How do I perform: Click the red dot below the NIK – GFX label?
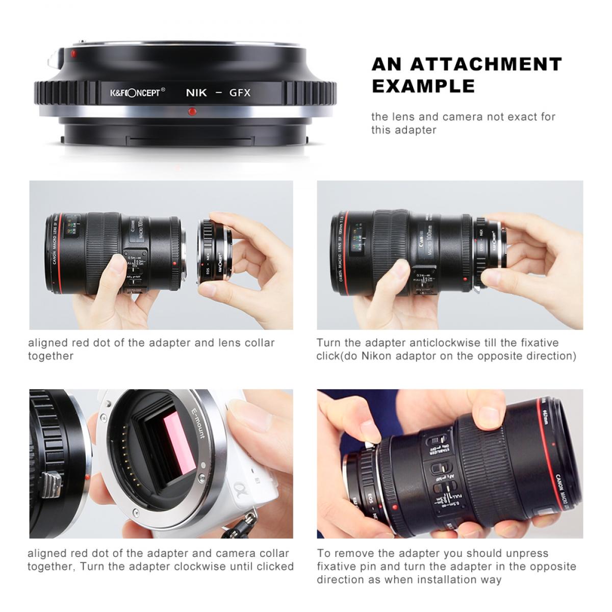[192, 110]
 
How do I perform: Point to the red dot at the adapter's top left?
[74, 53]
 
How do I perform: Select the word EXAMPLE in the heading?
[423, 86]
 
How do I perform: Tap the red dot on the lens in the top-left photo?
[175, 263]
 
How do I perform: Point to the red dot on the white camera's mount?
[88, 477]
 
